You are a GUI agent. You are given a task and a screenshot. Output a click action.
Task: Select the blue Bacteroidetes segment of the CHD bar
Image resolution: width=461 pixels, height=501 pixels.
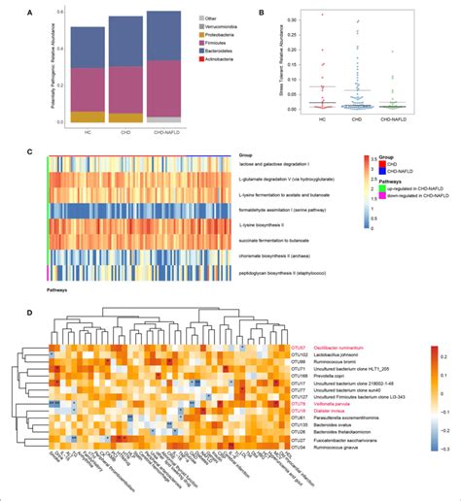coord(124,43)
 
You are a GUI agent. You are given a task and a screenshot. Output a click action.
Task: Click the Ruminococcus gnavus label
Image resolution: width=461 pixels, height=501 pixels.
coord(269,448)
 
